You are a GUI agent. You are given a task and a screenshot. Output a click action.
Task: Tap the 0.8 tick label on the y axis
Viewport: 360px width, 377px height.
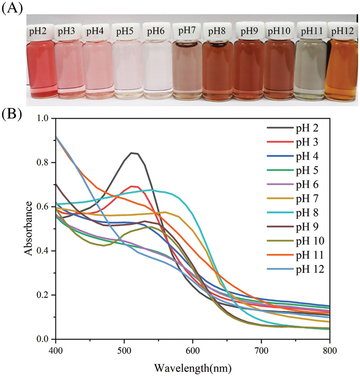(45, 163)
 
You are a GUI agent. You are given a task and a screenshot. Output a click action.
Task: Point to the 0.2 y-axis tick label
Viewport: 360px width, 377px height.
(45, 295)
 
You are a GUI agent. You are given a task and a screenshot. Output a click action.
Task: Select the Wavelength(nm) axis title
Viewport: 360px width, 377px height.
(193, 367)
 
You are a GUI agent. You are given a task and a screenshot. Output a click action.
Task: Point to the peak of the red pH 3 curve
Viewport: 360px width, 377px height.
(133, 186)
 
